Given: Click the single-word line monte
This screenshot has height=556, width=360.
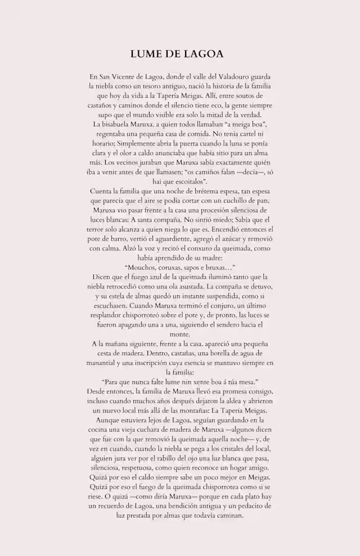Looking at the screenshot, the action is pos(179,334).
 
